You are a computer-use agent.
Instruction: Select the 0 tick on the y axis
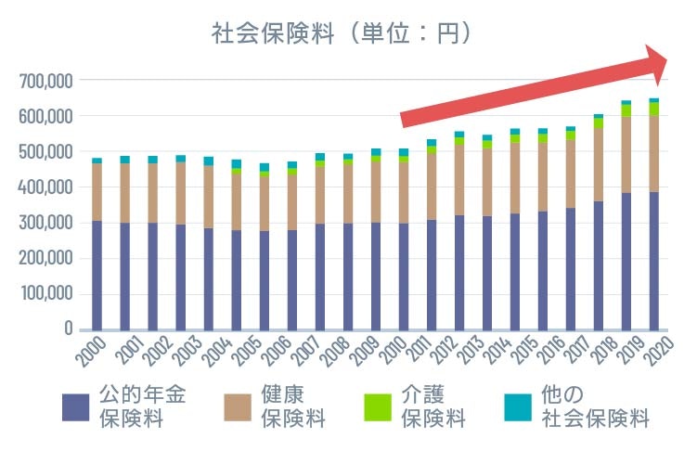tap(67, 329)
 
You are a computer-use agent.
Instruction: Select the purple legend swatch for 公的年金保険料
tap(75, 406)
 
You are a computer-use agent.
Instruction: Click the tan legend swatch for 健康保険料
tap(238, 406)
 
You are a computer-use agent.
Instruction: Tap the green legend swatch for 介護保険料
tap(378, 406)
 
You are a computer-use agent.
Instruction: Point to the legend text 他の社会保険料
tap(595, 406)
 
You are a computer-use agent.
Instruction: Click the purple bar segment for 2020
tap(654, 260)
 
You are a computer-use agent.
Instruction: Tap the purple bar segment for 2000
tap(97, 275)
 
